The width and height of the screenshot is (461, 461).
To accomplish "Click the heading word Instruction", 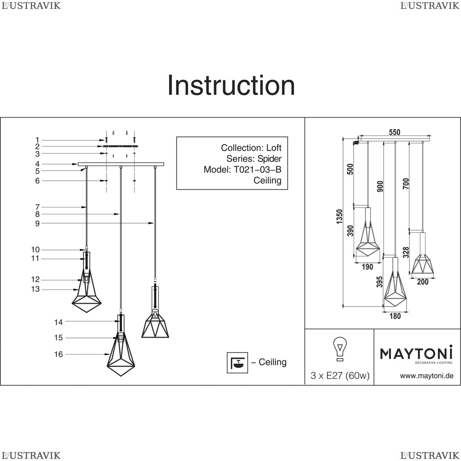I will point(231,86).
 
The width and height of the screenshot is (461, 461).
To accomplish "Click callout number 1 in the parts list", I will point(38,140).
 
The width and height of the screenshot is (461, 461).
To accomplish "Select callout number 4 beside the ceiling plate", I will point(38,164).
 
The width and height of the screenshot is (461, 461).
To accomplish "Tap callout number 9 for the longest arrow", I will point(38,223).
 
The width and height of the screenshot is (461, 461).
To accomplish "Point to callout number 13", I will point(35,290).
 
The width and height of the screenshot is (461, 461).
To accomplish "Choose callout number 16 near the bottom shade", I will point(58,355).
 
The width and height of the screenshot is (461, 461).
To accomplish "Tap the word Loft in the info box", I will point(274,148).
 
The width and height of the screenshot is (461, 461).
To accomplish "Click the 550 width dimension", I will point(395,132).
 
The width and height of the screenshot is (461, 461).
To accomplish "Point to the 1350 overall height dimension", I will point(340,217).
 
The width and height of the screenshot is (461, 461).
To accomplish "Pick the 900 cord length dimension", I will point(380,186).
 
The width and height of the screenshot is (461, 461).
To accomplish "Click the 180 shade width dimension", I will point(395,316).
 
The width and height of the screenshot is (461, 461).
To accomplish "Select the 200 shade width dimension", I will point(423,282).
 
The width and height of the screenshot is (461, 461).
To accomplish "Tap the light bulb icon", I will point(340,349).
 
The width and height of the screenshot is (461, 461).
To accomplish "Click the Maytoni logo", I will point(416,354).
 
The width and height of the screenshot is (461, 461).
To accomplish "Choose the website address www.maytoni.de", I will point(426,376).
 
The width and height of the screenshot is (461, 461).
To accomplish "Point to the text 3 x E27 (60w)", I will point(340,376).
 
